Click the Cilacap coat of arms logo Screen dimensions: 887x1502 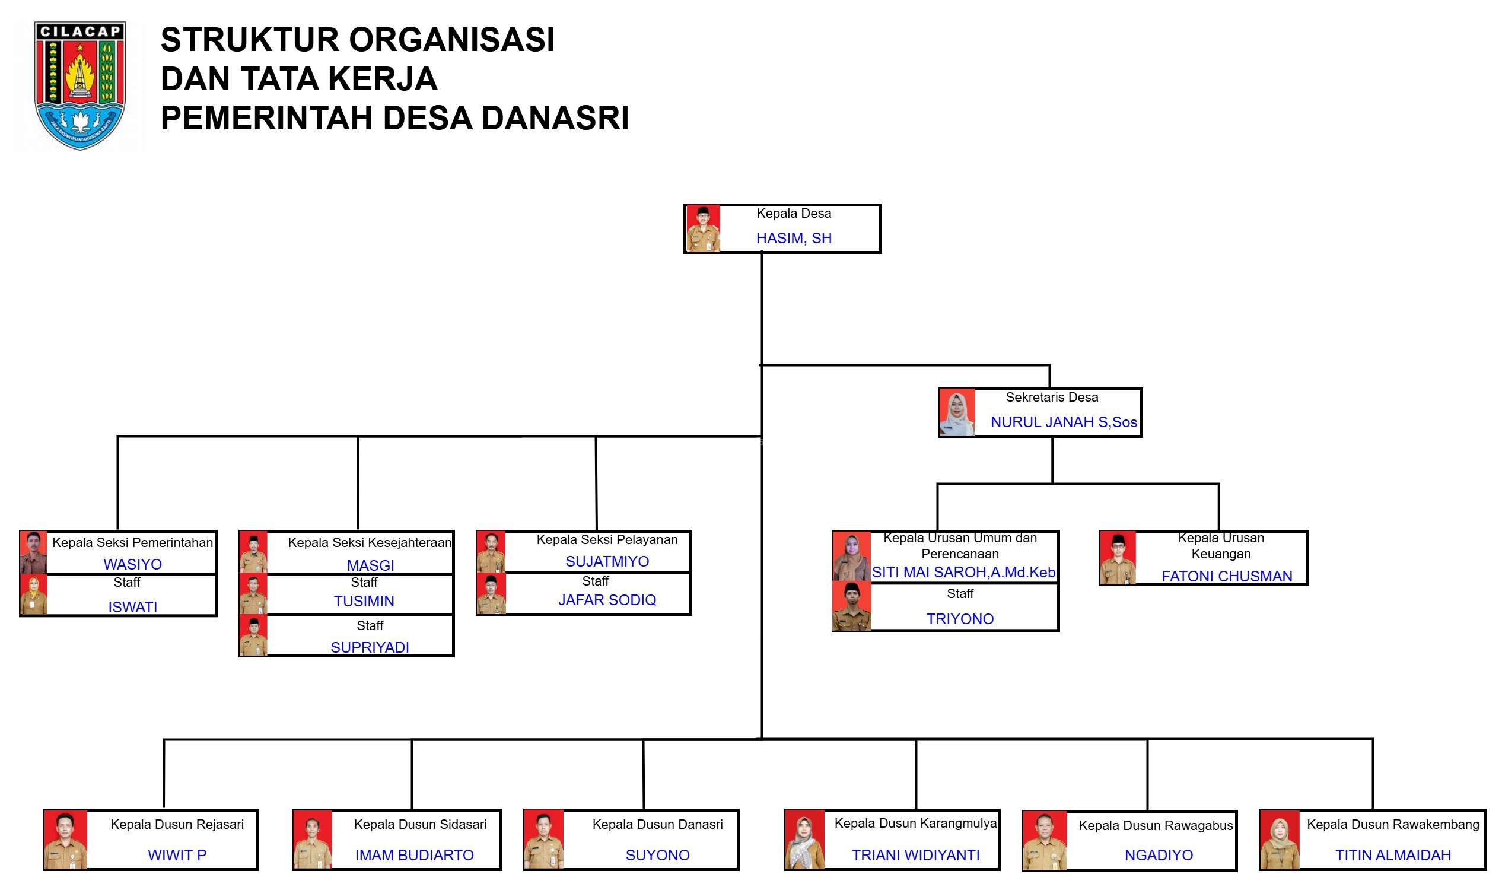tap(79, 85)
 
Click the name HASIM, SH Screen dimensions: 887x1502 tap(794, 239)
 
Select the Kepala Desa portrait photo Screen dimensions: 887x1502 tap(702, 229)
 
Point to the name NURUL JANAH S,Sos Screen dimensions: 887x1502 tap(1064, 422)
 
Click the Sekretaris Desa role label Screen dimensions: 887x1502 tap(1052, 398)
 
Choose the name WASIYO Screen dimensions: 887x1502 tap(133, 564)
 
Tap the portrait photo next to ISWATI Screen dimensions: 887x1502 tap(33, 595)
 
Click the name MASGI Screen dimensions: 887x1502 tap(370, 565)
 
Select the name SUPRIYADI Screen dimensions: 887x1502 tap(370, 647)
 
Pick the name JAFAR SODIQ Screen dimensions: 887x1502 tap(607, 600)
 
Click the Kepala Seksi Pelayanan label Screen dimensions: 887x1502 tap(607, 540)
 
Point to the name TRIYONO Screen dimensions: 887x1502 tap(960, 619)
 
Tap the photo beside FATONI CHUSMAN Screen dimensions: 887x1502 tap(1117, 558)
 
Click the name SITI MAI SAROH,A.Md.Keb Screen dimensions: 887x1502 tap(964, 573)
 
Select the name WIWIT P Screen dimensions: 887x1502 tap(177, 856)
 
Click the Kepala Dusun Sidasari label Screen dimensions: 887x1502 tap(420, 825)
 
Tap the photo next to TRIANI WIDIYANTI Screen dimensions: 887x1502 tap(804, 840)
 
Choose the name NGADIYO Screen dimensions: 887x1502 tap(1159, 856)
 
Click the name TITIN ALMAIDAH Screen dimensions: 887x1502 tap(1393, 856)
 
